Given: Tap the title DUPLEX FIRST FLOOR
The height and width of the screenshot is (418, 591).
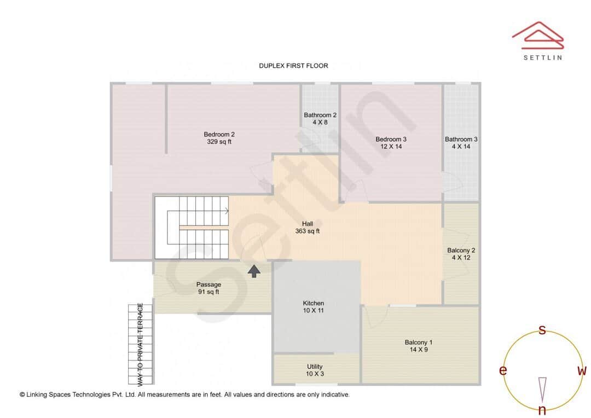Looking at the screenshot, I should [x=293, y=66].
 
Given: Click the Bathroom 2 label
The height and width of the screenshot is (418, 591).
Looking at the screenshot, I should [x=320, y=119].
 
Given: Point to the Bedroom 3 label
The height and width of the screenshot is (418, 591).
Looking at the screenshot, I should [x=391, y=143].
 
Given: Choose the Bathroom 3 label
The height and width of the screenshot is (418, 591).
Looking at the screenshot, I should [x=461, y=143].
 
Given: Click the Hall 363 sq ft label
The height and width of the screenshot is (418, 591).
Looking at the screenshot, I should [x=307, y=227].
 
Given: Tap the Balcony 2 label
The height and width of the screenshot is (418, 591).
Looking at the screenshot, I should [x=461, y=254].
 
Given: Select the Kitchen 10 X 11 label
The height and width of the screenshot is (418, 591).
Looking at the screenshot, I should [x=314, y=307].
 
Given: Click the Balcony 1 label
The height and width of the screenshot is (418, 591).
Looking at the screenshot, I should [x=419, y=346].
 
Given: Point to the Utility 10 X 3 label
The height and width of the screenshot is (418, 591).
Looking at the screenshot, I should [x=315, y=370].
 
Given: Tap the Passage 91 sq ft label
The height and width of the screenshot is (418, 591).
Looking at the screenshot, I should [x=208, y=288].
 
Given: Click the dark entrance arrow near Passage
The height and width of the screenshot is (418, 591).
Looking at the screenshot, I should [x=254, y=271].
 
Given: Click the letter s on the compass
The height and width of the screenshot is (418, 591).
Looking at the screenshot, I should [x=542, y=330].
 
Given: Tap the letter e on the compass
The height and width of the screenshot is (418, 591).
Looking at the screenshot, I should [x=502, y=371].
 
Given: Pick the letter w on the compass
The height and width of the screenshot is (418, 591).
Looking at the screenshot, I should [x=582, y=371].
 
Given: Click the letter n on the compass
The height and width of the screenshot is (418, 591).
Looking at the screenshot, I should [x=542, y=410].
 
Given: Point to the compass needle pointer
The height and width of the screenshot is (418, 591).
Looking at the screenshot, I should [x=542, y=388].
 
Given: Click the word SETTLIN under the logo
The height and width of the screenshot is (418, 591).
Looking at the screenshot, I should [x=542, y=57].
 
